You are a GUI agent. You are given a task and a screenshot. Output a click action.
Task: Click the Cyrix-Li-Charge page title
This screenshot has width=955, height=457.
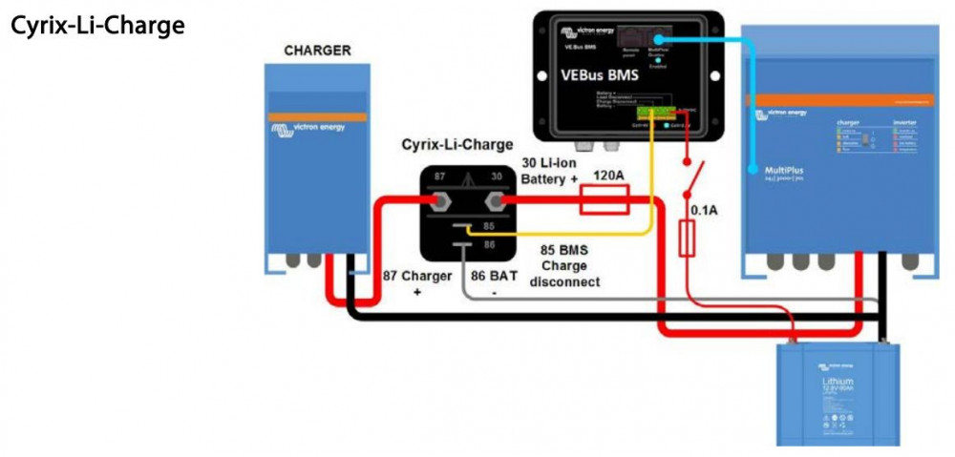[96, 26]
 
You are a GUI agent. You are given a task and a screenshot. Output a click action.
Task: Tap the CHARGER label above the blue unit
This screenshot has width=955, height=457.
[317, 51]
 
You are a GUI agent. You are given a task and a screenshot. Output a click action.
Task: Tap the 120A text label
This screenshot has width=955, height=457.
[610, 177]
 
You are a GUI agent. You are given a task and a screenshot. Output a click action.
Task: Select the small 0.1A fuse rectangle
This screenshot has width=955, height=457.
[686, 239]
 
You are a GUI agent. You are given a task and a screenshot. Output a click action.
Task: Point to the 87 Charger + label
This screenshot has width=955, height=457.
[416, 283]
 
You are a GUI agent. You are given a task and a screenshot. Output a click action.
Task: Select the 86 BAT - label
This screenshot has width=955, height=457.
[494, 283]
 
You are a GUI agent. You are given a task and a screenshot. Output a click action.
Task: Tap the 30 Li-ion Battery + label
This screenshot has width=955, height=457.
[551, 170]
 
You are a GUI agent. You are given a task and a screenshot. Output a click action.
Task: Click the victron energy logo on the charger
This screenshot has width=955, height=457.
[316, 126]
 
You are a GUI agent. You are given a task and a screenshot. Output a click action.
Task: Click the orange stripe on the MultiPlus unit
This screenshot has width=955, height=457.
[840, 99]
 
